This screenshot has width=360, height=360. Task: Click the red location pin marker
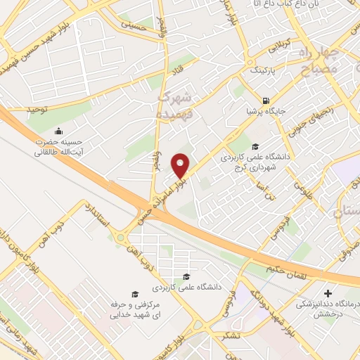pos(181,165)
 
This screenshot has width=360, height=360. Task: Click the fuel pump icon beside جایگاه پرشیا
pos(265,100)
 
